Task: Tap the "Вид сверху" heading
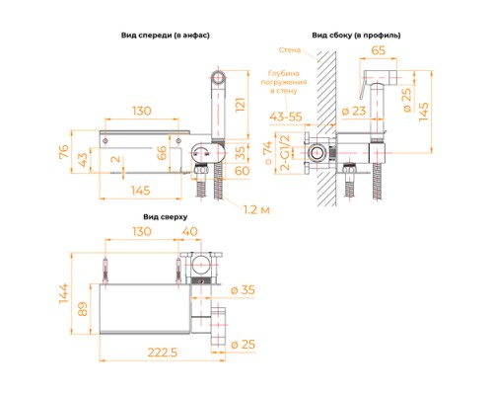point(164,214)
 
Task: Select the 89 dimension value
point(86,307)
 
